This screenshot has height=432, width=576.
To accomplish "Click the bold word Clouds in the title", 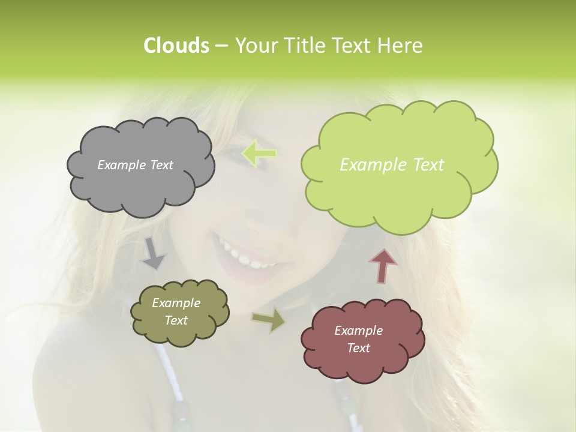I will pos(176,46).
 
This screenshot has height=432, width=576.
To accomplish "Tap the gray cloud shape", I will pos(140,180).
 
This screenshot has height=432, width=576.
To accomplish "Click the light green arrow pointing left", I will pos(259,154).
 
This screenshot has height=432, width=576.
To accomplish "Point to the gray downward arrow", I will pos(153,253).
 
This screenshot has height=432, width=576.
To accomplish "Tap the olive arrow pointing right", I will pos(269,320).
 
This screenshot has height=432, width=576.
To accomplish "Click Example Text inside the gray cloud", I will pos(135,165).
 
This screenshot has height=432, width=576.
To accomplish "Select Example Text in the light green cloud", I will pos(392,165).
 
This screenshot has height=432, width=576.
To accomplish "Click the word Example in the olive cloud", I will pos(176,304).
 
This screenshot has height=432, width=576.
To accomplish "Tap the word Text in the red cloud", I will pos(358,348).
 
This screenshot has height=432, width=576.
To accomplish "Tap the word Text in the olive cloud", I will pos(176,320).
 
